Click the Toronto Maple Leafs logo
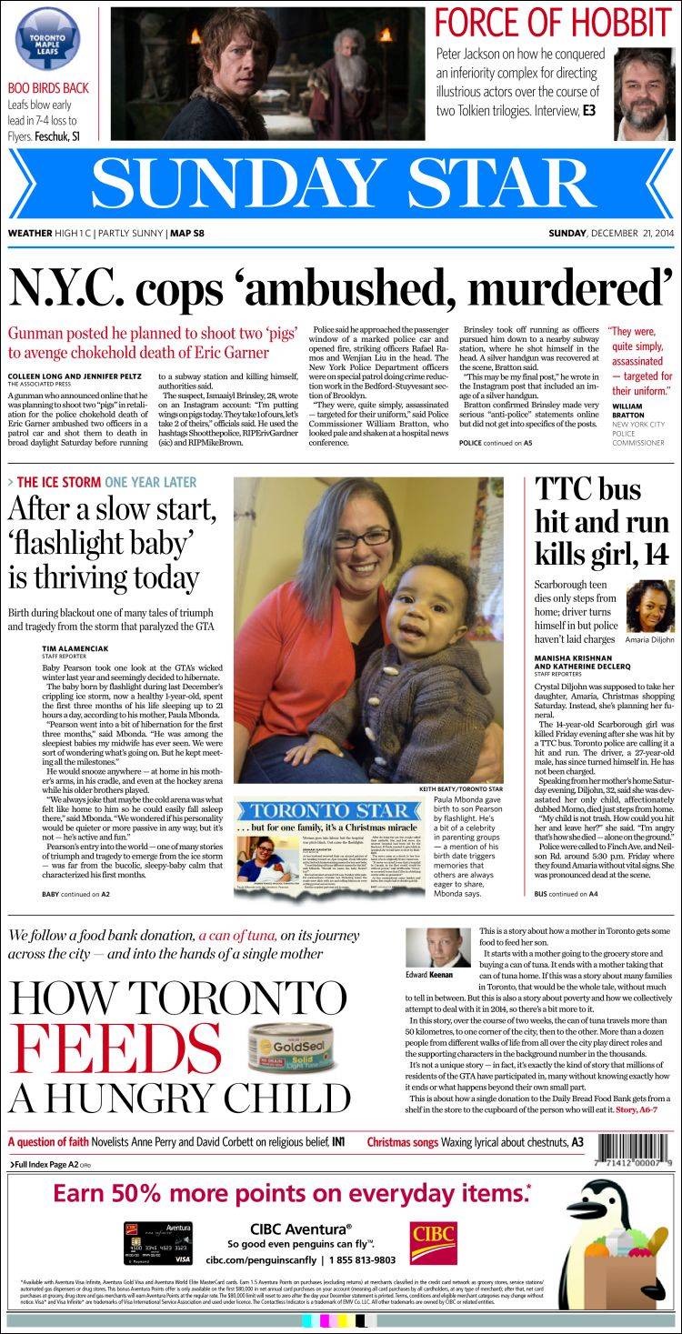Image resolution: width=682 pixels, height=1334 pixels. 48,41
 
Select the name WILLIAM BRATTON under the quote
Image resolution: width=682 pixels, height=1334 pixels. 627,409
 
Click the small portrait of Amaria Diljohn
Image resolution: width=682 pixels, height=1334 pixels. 649,605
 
